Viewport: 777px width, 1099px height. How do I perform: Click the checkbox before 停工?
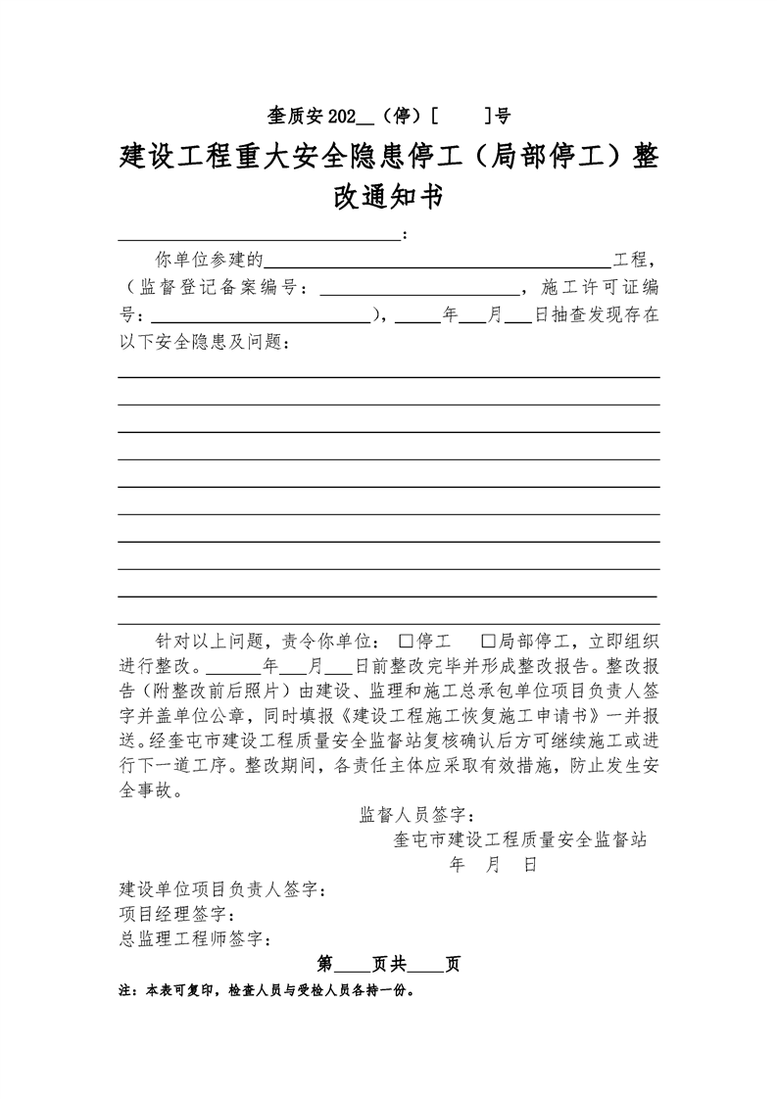(407, 643)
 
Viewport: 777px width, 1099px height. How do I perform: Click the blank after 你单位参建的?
(438, 260)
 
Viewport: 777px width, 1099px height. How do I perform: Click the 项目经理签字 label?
(176, 915)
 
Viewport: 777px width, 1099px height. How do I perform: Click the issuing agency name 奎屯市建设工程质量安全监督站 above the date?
(518, 839)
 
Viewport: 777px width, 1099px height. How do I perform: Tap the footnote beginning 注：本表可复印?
(266, 990)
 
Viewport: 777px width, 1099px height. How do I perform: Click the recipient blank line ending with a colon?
(260, 235)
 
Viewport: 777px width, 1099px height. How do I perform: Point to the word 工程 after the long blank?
(630, 261)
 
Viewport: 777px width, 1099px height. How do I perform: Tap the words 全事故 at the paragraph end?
(149, 789)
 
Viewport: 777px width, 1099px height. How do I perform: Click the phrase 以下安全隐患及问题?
(205, 343)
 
